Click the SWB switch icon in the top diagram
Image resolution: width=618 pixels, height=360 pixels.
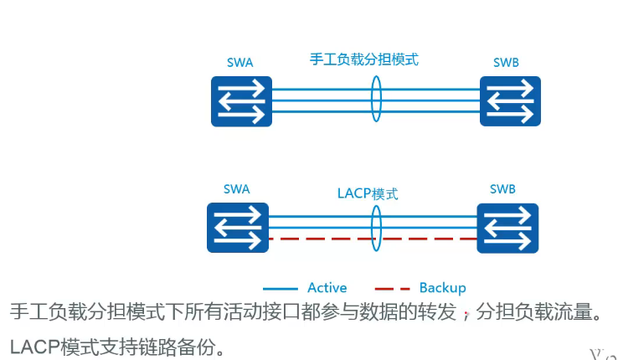[x=510, y=101]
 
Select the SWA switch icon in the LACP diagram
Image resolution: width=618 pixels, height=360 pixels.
[x=238, y=228]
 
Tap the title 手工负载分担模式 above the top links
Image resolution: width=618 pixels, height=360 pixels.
[x=363, y=59]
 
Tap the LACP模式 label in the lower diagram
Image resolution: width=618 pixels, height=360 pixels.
[x=362, y=193]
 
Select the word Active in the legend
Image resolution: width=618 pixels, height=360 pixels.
[x=327, y=287]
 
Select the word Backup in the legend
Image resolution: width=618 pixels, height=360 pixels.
[x=442, y=287]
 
